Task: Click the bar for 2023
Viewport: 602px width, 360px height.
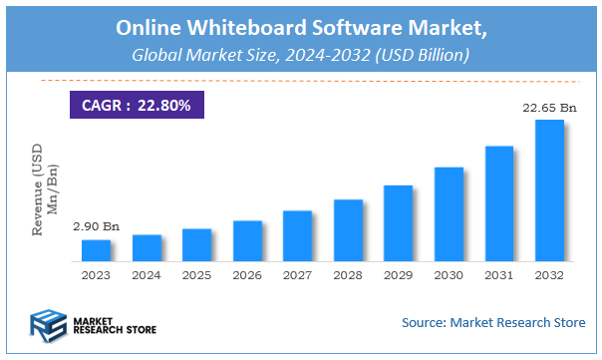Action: pos(96,250)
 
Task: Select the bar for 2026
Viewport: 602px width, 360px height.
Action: pos(247,240)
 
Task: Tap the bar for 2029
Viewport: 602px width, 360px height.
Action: pos(398,222)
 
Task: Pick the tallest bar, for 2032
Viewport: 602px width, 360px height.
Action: pos(549,190)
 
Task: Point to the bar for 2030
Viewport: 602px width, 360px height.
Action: pos(449,213)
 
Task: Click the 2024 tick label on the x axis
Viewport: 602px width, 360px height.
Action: pos(147,274)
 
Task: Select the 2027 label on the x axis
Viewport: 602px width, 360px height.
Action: pos(297,274)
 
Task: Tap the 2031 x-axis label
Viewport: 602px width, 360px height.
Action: pos(498,274)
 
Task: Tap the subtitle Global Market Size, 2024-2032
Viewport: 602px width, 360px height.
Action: pos(299,56)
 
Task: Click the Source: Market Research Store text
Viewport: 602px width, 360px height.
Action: pos(493,323)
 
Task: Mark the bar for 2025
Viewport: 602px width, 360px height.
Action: pos(196,245)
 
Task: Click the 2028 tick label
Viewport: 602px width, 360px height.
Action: pos(348,274)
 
